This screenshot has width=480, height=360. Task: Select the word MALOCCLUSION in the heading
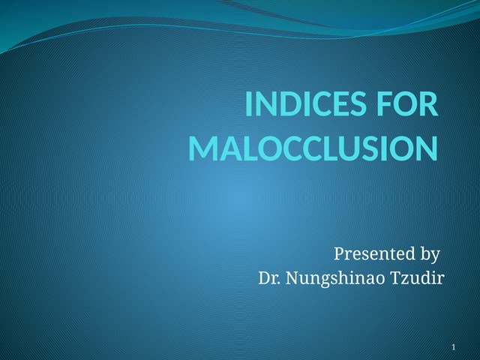tap(312, 148)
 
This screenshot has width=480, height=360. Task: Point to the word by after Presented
tap(429, 254)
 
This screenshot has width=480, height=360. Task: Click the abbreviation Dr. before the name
tap(268, 279)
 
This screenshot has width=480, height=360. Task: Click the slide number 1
tap(454, 347)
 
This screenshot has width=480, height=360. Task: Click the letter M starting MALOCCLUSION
tap(202, 148)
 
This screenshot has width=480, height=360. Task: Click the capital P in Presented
tap(338, 253)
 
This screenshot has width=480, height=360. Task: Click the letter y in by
tap(434, 256)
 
